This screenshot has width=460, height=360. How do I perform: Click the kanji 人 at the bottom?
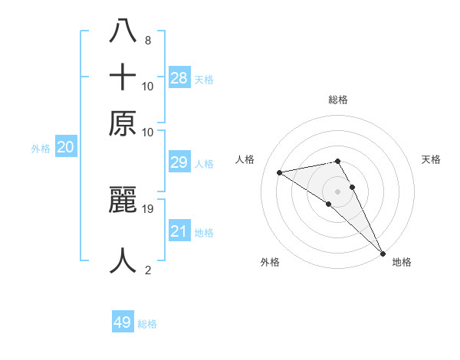tap(123, 260)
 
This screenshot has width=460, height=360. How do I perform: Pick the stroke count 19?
tap(148, 208)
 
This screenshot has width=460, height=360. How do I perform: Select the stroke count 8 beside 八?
tap(147, 40)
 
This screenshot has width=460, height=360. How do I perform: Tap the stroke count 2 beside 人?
tap(147, 270)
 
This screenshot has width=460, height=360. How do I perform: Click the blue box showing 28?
tap(179, 77)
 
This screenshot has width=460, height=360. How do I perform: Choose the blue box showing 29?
tap(179, 162)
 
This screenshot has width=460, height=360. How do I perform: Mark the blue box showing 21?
tap(179, 231)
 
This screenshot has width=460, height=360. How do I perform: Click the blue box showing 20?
tap(66, 148)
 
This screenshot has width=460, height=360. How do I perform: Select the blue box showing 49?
tap(123, 322)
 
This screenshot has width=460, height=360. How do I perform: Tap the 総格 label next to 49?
tap(147, 324)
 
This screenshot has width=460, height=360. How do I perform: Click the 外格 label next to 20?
tap(41, 149)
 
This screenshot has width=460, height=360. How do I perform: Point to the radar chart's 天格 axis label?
tap(431, 159)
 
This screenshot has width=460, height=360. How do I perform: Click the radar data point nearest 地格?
tap(383, 253)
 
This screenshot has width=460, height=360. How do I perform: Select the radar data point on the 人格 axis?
tap(280, 172)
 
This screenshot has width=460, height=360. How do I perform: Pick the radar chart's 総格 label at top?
tap(337, 100)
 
